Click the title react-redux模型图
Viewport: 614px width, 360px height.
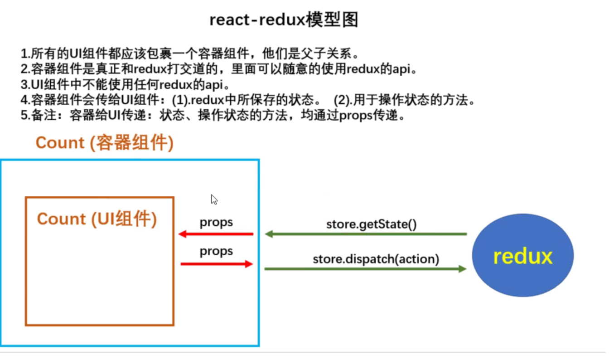[x=284, y=20]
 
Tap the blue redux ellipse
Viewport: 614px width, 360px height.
[x=522, y=255]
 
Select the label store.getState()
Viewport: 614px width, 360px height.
[x=371, y=224]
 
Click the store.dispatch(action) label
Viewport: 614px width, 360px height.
[x=376, y=259]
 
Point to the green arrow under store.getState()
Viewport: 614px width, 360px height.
[x=366, y=234]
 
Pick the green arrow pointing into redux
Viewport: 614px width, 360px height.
[x=365, y=269]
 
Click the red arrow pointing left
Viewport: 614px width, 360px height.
[x=216, y=234]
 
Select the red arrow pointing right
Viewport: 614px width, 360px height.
[x=216, y=264]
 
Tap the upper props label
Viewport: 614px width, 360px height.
[x=216, y=222]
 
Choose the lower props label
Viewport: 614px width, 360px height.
[x=216, y=251]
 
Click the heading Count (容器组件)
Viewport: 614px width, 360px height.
[x=104, y=143]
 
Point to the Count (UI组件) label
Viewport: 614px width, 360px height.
[x=97, y=219]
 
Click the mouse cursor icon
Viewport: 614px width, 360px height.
[x=214, y=199]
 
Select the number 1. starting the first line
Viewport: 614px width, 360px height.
[x=25, y=54]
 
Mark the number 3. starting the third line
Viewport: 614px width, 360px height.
[x=25, y=85]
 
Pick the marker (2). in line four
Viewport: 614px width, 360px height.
[x=342, y=100]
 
